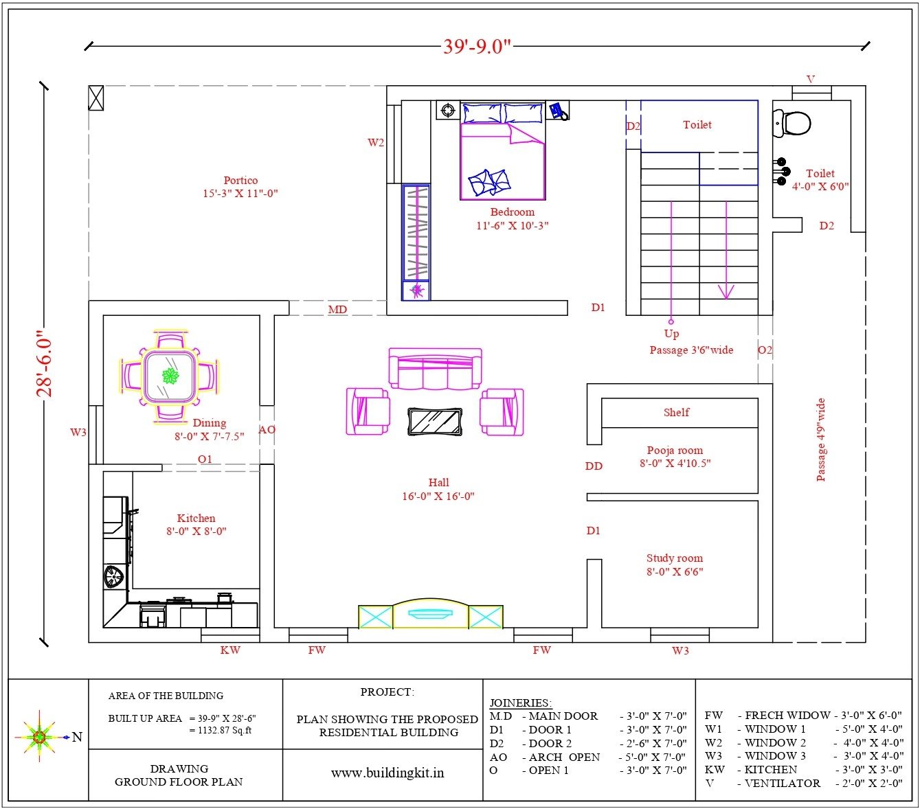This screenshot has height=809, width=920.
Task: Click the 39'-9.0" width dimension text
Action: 477,46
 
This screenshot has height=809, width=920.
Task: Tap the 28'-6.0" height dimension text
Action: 45,364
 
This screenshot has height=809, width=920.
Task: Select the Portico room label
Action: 240,180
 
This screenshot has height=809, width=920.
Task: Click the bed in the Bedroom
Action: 503,151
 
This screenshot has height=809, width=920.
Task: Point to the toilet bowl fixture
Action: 792,123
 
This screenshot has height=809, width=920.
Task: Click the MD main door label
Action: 337,310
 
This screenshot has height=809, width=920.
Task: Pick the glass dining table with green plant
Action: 170,376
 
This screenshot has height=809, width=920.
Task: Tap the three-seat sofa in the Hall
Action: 435,369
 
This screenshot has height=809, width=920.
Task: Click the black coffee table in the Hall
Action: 435,422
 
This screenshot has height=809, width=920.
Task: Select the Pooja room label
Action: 675,451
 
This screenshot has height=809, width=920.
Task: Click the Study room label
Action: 674,558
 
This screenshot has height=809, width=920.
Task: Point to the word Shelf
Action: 676,412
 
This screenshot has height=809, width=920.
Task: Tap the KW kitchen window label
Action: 230,650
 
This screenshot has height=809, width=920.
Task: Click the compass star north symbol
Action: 39,736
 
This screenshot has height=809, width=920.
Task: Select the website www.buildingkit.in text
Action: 388,773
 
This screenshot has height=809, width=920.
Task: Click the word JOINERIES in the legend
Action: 520,703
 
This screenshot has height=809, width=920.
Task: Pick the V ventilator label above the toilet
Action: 811,79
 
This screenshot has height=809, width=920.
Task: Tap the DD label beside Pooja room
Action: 594,466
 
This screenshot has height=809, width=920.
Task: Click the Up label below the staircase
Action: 671,334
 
